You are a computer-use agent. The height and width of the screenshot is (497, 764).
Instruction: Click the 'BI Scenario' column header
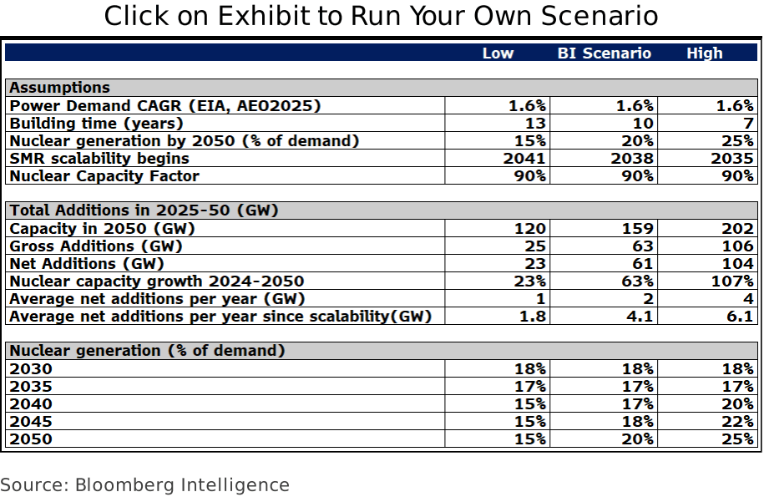click(604, 53)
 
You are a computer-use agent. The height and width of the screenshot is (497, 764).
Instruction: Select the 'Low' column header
click(498, 53)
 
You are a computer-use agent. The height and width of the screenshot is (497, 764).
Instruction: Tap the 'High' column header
click(704, 53)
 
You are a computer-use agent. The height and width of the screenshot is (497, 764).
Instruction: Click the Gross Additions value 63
click(643, 246)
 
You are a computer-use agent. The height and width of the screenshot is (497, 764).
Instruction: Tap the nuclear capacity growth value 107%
click(733, 281)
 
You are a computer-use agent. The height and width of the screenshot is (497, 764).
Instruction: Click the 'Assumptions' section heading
click(59, 88)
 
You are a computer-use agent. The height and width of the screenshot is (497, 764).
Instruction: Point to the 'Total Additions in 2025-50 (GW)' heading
click(144, 210)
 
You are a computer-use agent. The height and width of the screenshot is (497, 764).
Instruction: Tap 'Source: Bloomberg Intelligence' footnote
click(144, 484)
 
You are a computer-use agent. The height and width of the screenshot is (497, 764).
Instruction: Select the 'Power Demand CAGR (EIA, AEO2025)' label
click(165, 106)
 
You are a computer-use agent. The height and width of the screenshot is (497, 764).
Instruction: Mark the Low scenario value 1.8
click(534, 317)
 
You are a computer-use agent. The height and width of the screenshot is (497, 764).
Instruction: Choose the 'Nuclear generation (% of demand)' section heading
click(147, 351)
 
